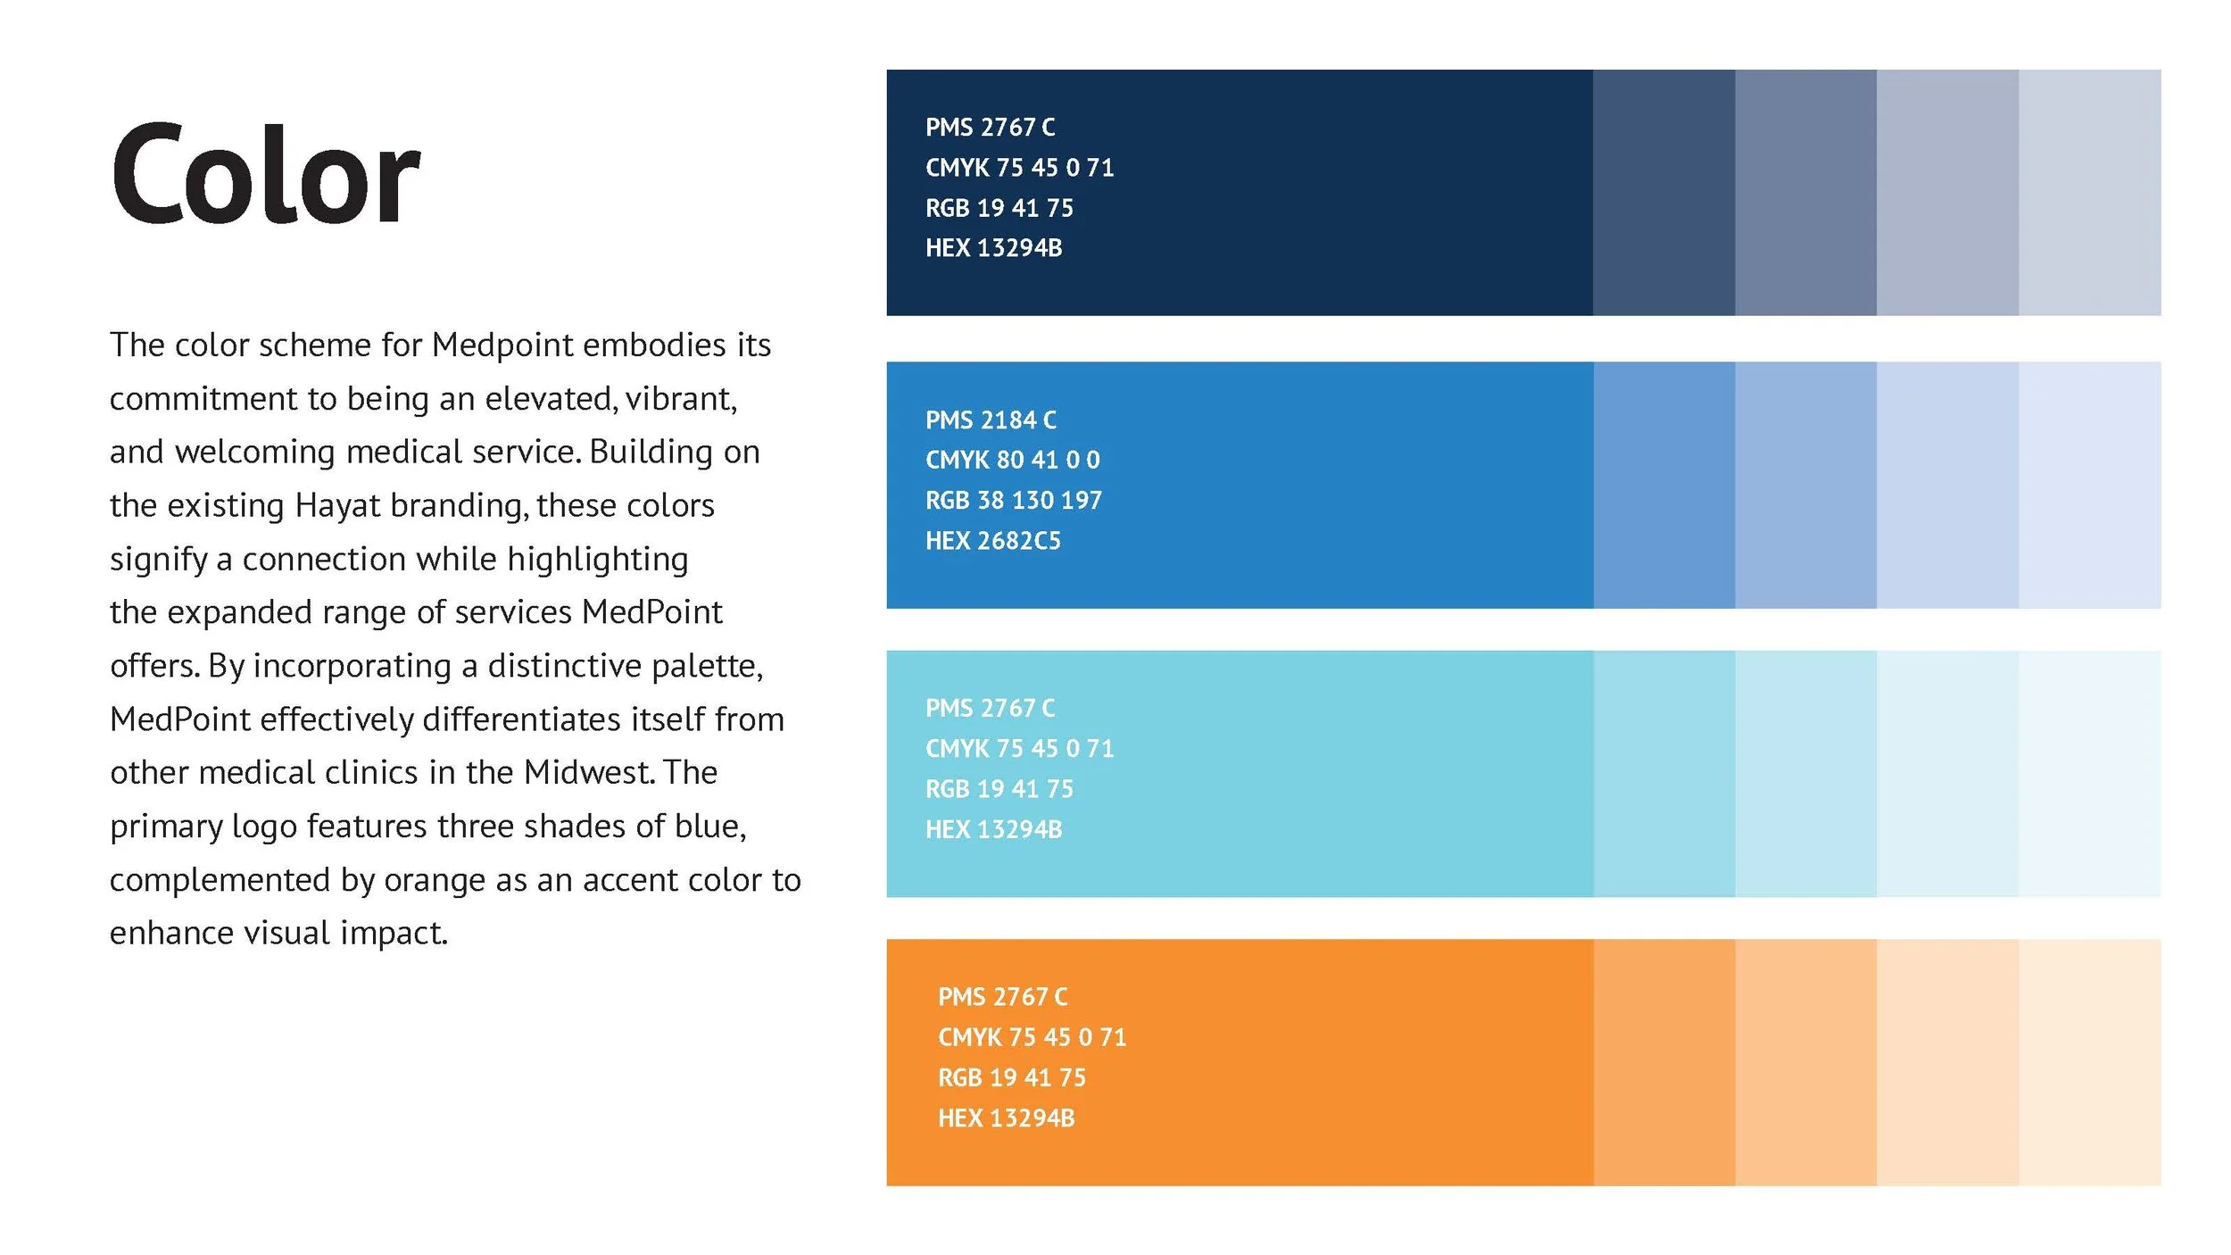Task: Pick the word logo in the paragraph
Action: point(264,827)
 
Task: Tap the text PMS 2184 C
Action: point(991,420)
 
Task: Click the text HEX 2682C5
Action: point(992,541)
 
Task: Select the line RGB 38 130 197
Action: point(1013,501)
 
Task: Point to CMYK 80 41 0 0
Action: point(1012,460)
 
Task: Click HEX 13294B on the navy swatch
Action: point(993,248)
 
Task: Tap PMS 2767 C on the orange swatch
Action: point(1002,997)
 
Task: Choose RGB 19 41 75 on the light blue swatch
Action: point(999,789)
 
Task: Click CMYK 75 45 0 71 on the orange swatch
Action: point(1032,1037)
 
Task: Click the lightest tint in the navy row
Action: point(2089,193)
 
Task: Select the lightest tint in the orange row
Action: point(2089,1062)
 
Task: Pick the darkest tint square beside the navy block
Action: point(1663,193)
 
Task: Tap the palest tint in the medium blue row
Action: point(2089,485)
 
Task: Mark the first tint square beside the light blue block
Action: point(1663,774)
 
